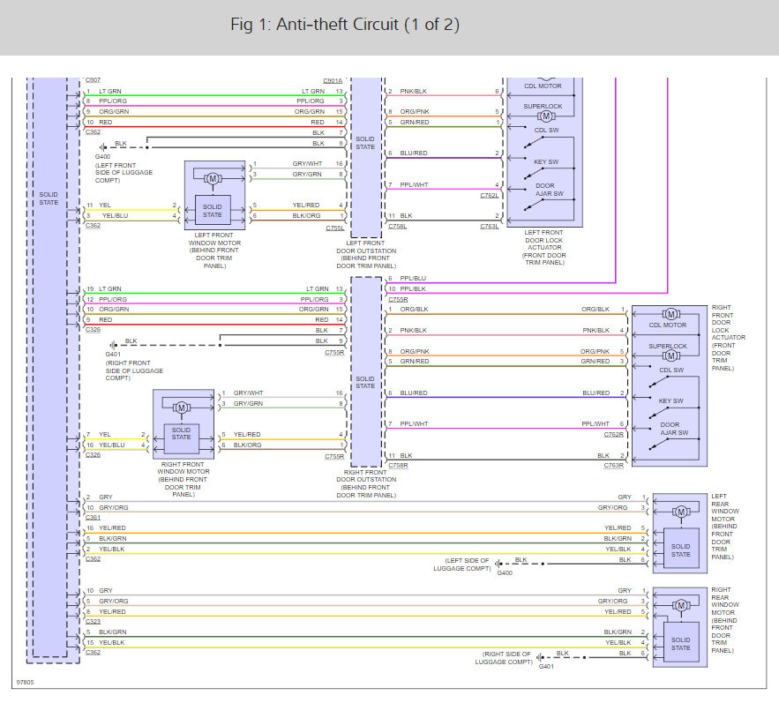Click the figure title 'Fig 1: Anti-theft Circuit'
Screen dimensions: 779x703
pos(314,25)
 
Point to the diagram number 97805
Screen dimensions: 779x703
pos(26,682)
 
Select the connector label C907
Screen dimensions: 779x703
pos(93,80)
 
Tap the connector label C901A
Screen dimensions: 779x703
pos(333,80)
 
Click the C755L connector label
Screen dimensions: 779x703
pos(335,228)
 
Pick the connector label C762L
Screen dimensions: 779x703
pos(490,195)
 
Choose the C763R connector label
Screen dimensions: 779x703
pos(613,466)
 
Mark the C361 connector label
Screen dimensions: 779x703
pos(93,517)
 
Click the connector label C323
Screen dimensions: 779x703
pos(93,622)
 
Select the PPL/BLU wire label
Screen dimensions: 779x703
pos(413,278)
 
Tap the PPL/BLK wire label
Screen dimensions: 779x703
pos(413,288)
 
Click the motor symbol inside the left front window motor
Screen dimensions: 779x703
pos(213,178)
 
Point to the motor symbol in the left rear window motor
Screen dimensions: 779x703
pos(681,512)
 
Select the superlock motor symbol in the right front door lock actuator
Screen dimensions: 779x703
pos(670,355)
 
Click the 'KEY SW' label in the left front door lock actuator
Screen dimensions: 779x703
pos(546,162)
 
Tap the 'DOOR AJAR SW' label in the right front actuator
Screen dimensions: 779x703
pos(674,429)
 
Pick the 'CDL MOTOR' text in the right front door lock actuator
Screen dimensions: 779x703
pos(668,325)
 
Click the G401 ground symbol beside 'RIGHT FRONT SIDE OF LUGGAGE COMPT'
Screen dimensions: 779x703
pos(113,345)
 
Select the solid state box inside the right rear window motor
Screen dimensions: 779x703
pos(681,644)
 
